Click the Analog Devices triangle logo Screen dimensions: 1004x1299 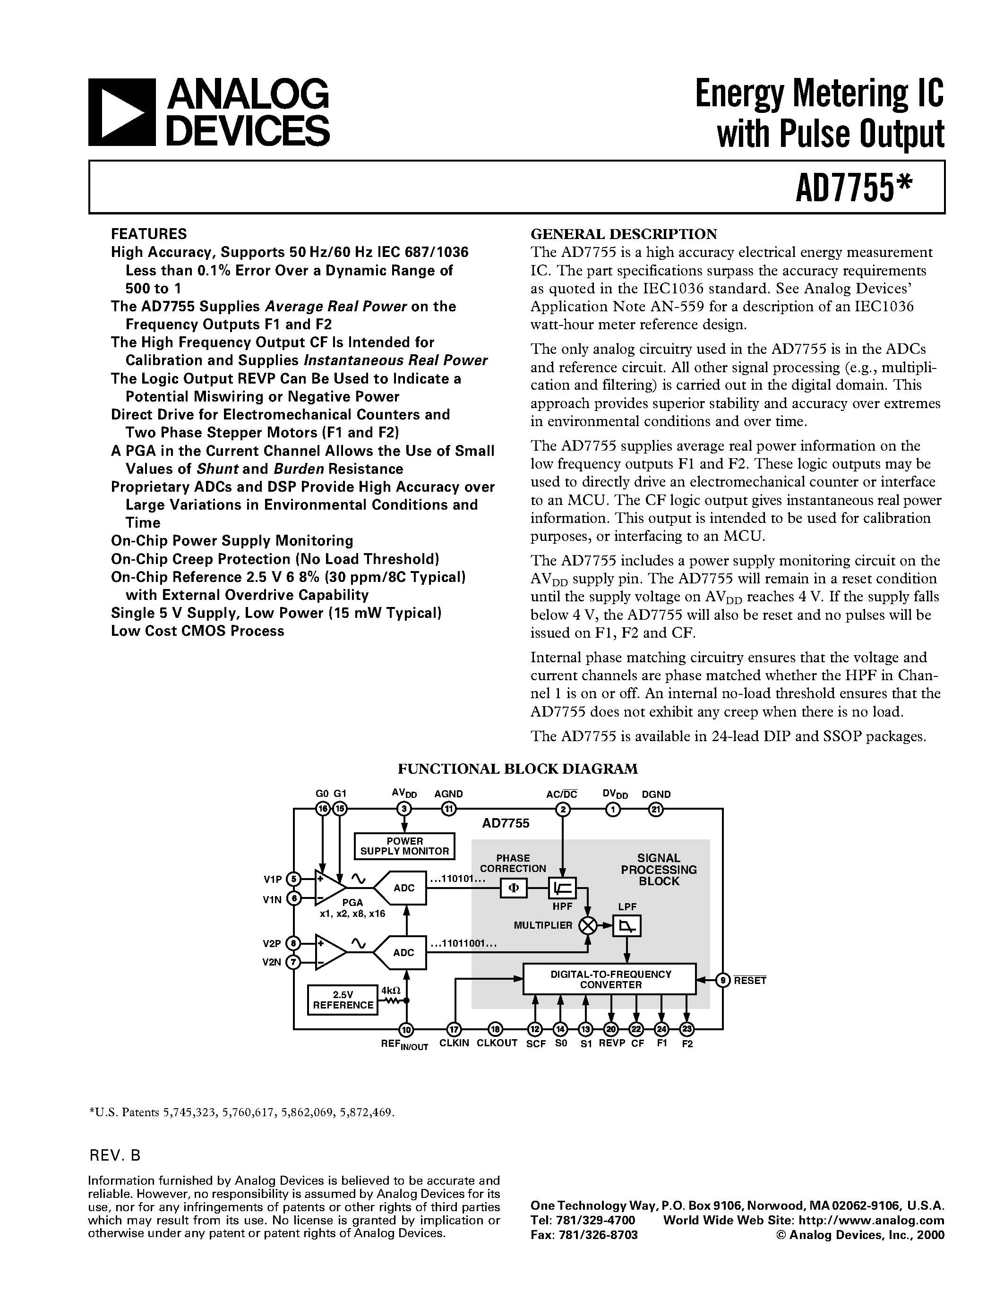(x=121, y=112)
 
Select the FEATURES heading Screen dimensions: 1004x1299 (x=149, y=234)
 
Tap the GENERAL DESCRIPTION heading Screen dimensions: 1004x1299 (x=623, y=234)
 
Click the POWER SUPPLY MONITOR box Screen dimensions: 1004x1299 (x=404, y=846)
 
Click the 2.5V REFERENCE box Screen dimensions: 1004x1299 (x=343, y=1000)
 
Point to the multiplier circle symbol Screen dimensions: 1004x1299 (x=588, y=925)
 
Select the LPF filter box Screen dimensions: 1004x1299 (x=627, y=925)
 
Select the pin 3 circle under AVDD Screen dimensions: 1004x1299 (x=405, y=809)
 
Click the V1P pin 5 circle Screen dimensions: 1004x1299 (x=294, y=879)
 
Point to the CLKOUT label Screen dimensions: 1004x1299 (x=497, y=1043)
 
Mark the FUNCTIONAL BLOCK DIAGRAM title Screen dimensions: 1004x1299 (x=517, y=769)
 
